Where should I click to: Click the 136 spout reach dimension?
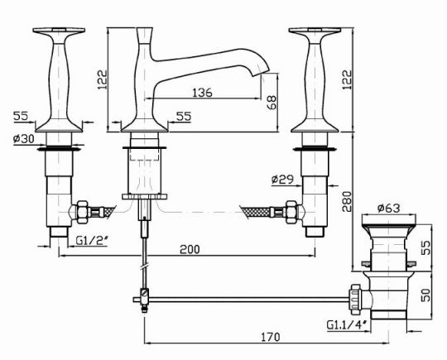(202, 93)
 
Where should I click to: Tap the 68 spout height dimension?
(272, 103)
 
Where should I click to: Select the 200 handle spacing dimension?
(190, 249)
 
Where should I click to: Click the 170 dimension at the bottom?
(271, 337)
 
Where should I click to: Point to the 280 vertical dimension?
(347, 202)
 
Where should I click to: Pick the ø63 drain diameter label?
(389, 209)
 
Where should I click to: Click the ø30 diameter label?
(24, 139)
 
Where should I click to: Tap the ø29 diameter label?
(282, 180)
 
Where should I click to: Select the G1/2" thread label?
(92, 241)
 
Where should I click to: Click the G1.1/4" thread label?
(347, 324)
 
